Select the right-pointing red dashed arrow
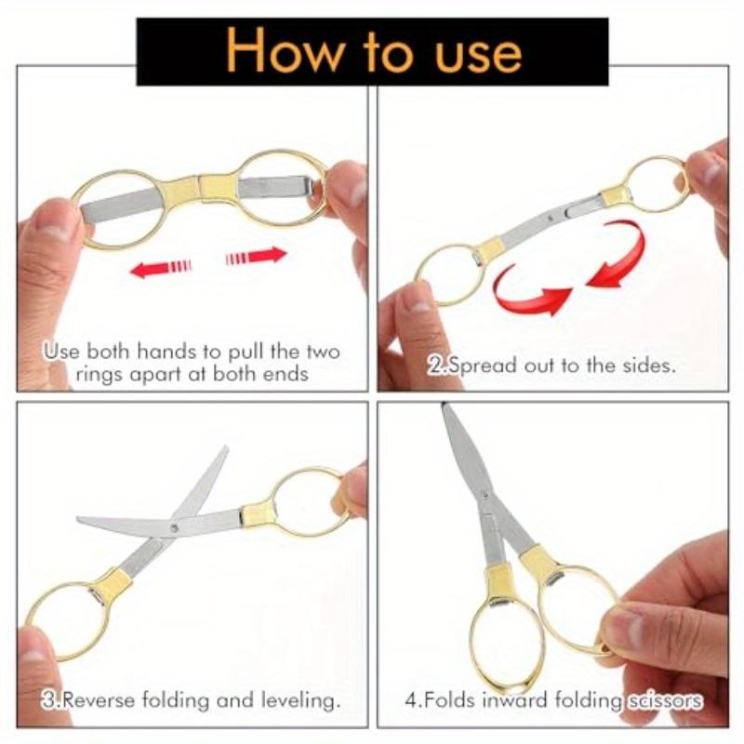[257, 256]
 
